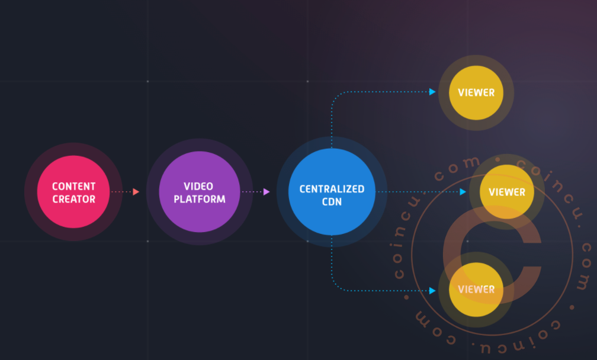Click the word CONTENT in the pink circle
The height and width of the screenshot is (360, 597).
tap(74, 186)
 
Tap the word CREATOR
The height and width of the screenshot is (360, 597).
tap(74, 199)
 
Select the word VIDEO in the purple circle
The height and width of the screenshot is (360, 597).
tap(198, 186)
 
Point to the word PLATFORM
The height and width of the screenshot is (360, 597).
tap(200, 199)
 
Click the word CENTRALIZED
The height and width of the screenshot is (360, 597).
tap(332, 189)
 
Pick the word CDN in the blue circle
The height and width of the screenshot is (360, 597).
tap(332, 202)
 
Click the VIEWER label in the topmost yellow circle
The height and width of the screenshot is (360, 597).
tap(476, 92)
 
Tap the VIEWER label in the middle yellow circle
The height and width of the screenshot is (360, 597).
tap(507, 192)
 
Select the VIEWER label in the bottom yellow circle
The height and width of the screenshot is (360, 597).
tap(476, 289)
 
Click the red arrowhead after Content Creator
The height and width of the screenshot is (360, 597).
tap(136, 192)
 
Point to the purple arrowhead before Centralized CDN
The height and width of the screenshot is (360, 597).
tap(267, 192)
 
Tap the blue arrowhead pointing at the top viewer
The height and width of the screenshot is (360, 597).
tap(432, 92)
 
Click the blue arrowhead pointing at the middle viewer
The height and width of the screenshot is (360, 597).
tap(463, 192)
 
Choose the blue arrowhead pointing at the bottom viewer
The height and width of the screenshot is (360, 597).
tap(432, 291)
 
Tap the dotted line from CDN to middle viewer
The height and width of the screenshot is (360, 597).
tap(418, 192)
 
